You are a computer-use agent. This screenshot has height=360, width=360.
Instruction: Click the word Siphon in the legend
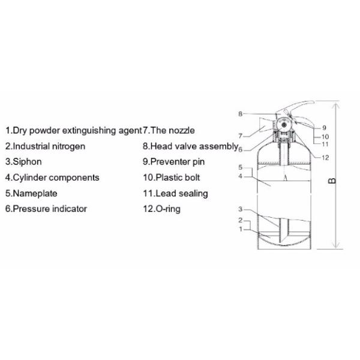[x=28, y=161]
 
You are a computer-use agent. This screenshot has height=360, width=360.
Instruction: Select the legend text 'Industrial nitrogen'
[x=49, y=146]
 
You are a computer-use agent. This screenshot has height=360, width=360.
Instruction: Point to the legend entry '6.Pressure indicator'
[x=46, y=209]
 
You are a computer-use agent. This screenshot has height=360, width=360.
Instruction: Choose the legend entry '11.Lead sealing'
[x=175, y=193]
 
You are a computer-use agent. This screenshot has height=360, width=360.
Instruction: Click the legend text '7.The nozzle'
[x=169, y=130]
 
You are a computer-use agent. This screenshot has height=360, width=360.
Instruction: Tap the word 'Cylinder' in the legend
[x=31, y=178]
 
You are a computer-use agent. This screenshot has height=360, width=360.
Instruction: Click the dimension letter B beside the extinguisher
[x=333, y=179]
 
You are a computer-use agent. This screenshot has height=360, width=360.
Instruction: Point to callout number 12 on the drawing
[x=325, y=158]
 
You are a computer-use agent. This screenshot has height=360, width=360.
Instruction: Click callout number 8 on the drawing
[x=239, y=113]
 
